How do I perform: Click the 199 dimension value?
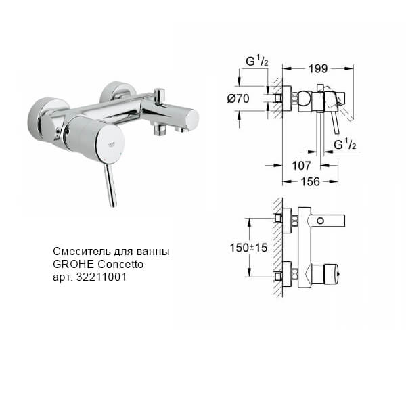tap(318, 68)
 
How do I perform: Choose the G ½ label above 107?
tap(345, 145)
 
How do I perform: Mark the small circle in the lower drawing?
tap(332, 221)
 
